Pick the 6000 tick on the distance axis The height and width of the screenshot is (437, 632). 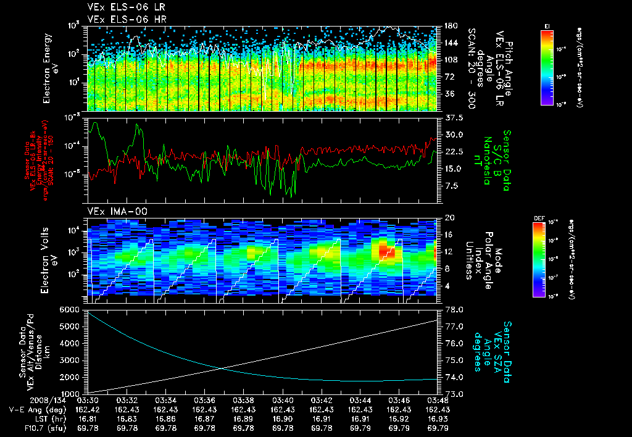73,309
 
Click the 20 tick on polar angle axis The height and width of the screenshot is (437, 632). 449,218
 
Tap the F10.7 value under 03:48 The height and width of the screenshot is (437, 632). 438,428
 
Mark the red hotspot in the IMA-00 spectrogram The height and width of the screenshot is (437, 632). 388,249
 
